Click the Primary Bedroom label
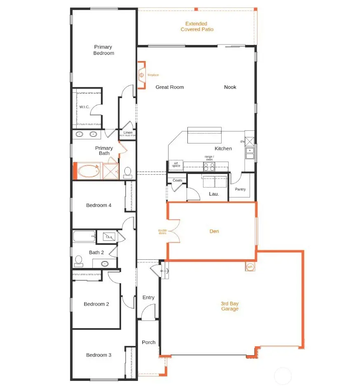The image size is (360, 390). pyautogui.click(x=103, y=50)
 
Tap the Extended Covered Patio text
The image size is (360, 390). pyautogui.click(x=196, y=27)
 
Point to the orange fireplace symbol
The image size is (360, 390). pyautogui.click(x=141, y=75)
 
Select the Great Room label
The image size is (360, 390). pyautogui.click(x=169, y=87)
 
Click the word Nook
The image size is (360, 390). pyautogui.click(x=230, y=87)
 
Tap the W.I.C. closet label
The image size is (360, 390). pyautogui.click(x=84, y=107)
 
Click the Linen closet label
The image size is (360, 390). pyautogui.click(x=128, y=133)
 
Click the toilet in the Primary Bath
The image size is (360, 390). pyautogui.click(x=127, y=172)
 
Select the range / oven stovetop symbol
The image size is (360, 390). pyautogui.click(x=209, y=167)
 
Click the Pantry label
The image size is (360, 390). pyautogui.click(x=240, y=189)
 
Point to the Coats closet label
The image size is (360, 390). pyautogui.click(x=177, y=180)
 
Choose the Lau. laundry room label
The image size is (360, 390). pyautogui.click(x=214, y=193)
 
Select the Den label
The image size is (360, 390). pyautogui.click(x=214, y=231)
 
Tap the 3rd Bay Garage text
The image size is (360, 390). pyautogui.click(x=229, y=306)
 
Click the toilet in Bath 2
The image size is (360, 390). pyautogui.click(x=79, y=261)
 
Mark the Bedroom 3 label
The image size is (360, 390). pyautogui.click(x=98, y=355)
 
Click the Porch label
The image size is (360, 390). pyautogui.click(x=148, y=342)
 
